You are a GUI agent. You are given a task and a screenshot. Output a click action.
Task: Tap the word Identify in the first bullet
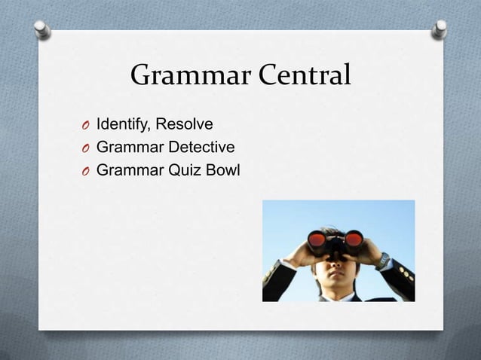click(x=124, y=124)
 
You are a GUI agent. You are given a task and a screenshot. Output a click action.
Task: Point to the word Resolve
click(x=185, y=124)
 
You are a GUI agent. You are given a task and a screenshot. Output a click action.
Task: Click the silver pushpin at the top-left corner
click(x=43, y=29)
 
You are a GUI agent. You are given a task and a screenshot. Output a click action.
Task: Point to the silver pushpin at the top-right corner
click(x=440, y=29)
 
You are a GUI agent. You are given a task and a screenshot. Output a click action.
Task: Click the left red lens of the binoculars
click(x=317, y=240)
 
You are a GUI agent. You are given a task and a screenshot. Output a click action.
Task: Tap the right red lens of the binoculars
click(x=353, y=239)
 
